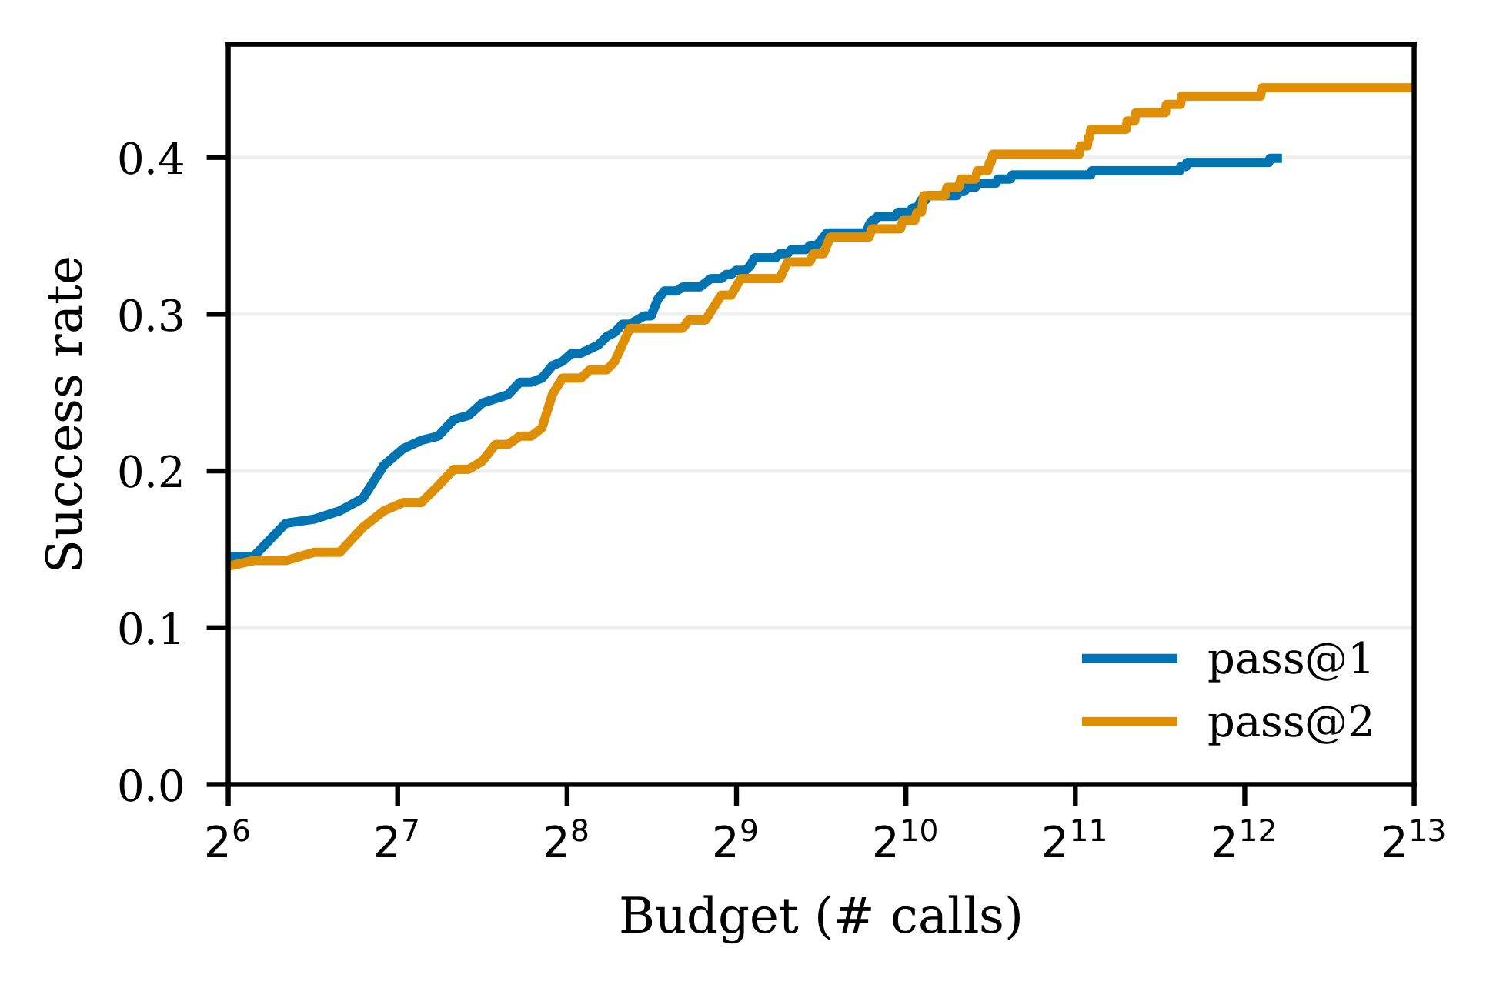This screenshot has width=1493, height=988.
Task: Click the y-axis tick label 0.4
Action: pyautogui.click(x=151, y=160)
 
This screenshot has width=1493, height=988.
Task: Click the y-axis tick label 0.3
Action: pyautogui.click(x=151, y=316)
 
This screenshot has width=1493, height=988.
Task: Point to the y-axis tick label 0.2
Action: pyautogui.click(x=151, y=472)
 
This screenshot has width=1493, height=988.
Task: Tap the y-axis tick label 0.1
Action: pyautogui.click(x=151, y=629)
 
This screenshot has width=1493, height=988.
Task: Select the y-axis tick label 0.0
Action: pyautogui.click(x=151, y=786)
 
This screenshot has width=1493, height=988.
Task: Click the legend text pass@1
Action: pyautogui.click(x=1290, y=660)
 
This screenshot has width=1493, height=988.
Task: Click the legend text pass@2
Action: pyautogui.click(x=1290, y=723)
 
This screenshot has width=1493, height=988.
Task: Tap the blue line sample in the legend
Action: pyautogui.click(x=1129, y=658)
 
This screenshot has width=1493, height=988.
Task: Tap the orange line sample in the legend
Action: pyautogui.click(x=1129, y=721)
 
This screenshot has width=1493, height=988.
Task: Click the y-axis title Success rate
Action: pyautogui.click(x=65, y=414)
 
